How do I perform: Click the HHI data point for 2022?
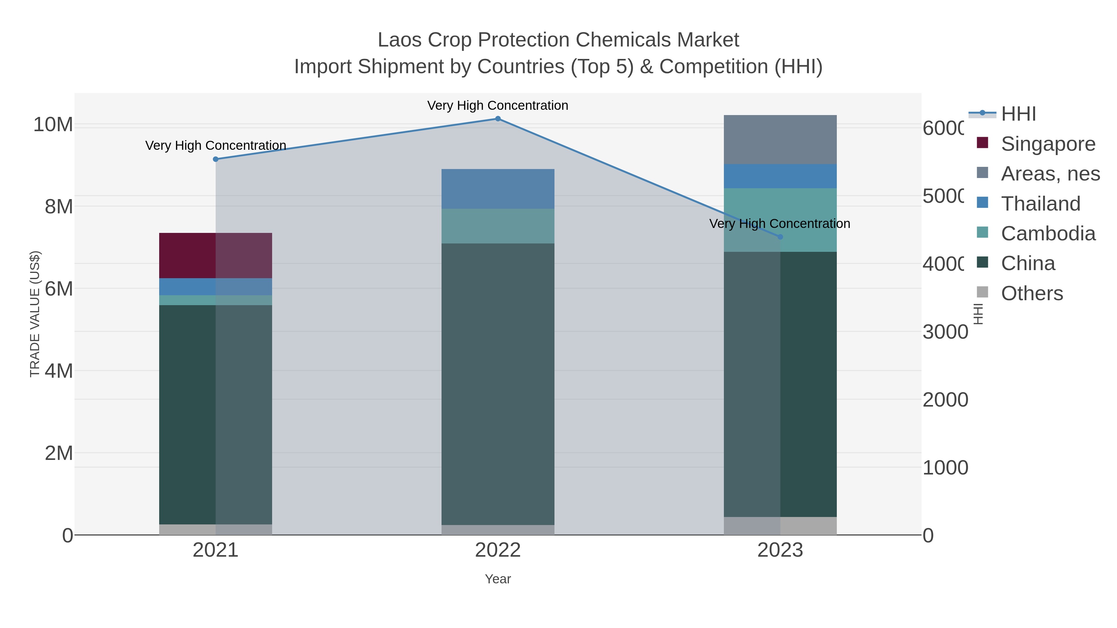[498, 119]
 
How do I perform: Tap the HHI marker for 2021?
[216, 159]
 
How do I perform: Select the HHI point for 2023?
[780, 237]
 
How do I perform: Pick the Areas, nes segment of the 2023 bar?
[780, 140]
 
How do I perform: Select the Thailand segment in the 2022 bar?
[498, 189]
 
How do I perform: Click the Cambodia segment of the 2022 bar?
[498, 226]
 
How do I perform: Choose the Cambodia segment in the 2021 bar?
[216, 300]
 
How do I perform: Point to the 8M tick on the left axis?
[59, 207]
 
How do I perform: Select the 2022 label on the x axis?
[498, 550]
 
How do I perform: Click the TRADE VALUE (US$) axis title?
[35, 314]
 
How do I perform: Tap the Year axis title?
[498, 579]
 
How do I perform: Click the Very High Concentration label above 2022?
[498, 105]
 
